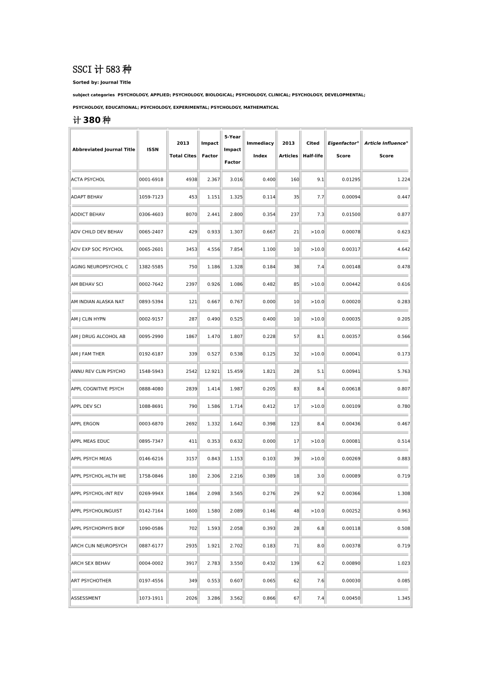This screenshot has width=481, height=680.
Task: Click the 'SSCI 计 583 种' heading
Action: [102, 69]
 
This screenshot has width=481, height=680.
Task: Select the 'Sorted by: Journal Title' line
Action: [102, 82]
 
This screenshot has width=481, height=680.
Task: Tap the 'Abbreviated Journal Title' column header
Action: [103, 150]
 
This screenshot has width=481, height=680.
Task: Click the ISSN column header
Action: [152, 150]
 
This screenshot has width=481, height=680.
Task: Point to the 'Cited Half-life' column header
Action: [313, 150]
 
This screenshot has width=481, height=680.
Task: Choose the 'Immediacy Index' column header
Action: [260, 150]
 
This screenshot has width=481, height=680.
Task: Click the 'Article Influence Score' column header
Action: [386, 150]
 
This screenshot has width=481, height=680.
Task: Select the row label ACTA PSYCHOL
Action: [88, 180]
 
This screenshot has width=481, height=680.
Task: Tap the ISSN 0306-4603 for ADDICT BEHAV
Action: [151, 215]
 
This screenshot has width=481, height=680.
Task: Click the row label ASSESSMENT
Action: [86, 598]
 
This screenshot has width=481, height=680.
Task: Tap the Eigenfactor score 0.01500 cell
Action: [351, 215]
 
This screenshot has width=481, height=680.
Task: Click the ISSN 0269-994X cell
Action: [151, 493]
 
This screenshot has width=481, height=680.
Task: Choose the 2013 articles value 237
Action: [295, 215]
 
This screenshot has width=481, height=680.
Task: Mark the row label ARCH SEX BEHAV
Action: [91, 563]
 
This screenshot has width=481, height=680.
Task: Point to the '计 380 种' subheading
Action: [92, 120]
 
